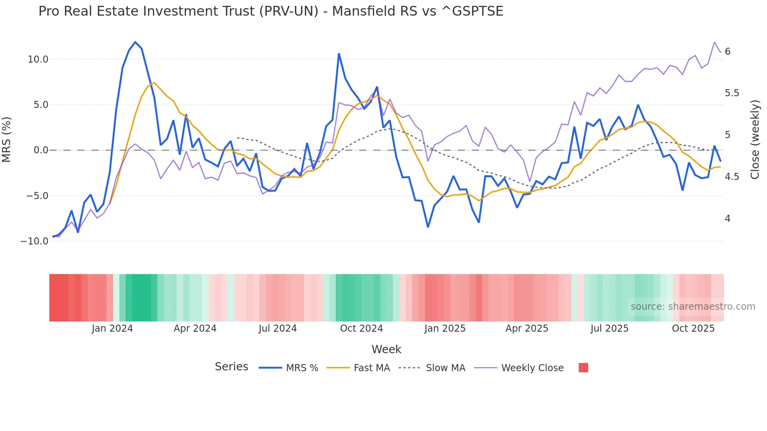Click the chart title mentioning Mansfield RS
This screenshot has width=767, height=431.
click(271, 11)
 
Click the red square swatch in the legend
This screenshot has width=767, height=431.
click(583, 368)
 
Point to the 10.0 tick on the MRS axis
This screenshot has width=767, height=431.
click(38, 59)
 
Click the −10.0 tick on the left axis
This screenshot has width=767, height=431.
click(34, 241)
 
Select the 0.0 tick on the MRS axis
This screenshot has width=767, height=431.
click(41, 150)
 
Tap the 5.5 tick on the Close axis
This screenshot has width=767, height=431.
click(732, 93)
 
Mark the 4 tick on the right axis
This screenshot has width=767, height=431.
click(727, 219)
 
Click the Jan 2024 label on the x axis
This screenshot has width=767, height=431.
click(112, 329)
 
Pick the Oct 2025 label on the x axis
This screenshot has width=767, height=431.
click(693, 329)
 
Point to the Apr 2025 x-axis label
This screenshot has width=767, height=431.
click(527, 329)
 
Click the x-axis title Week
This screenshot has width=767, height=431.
click(386, 349)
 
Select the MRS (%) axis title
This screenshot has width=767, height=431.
click(7, 139)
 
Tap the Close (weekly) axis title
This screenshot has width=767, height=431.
click(755, 139)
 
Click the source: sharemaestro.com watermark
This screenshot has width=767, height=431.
click(693, 307)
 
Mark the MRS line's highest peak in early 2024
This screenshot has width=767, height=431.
click(135, 42)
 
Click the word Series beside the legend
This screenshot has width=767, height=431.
click(231, 367)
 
